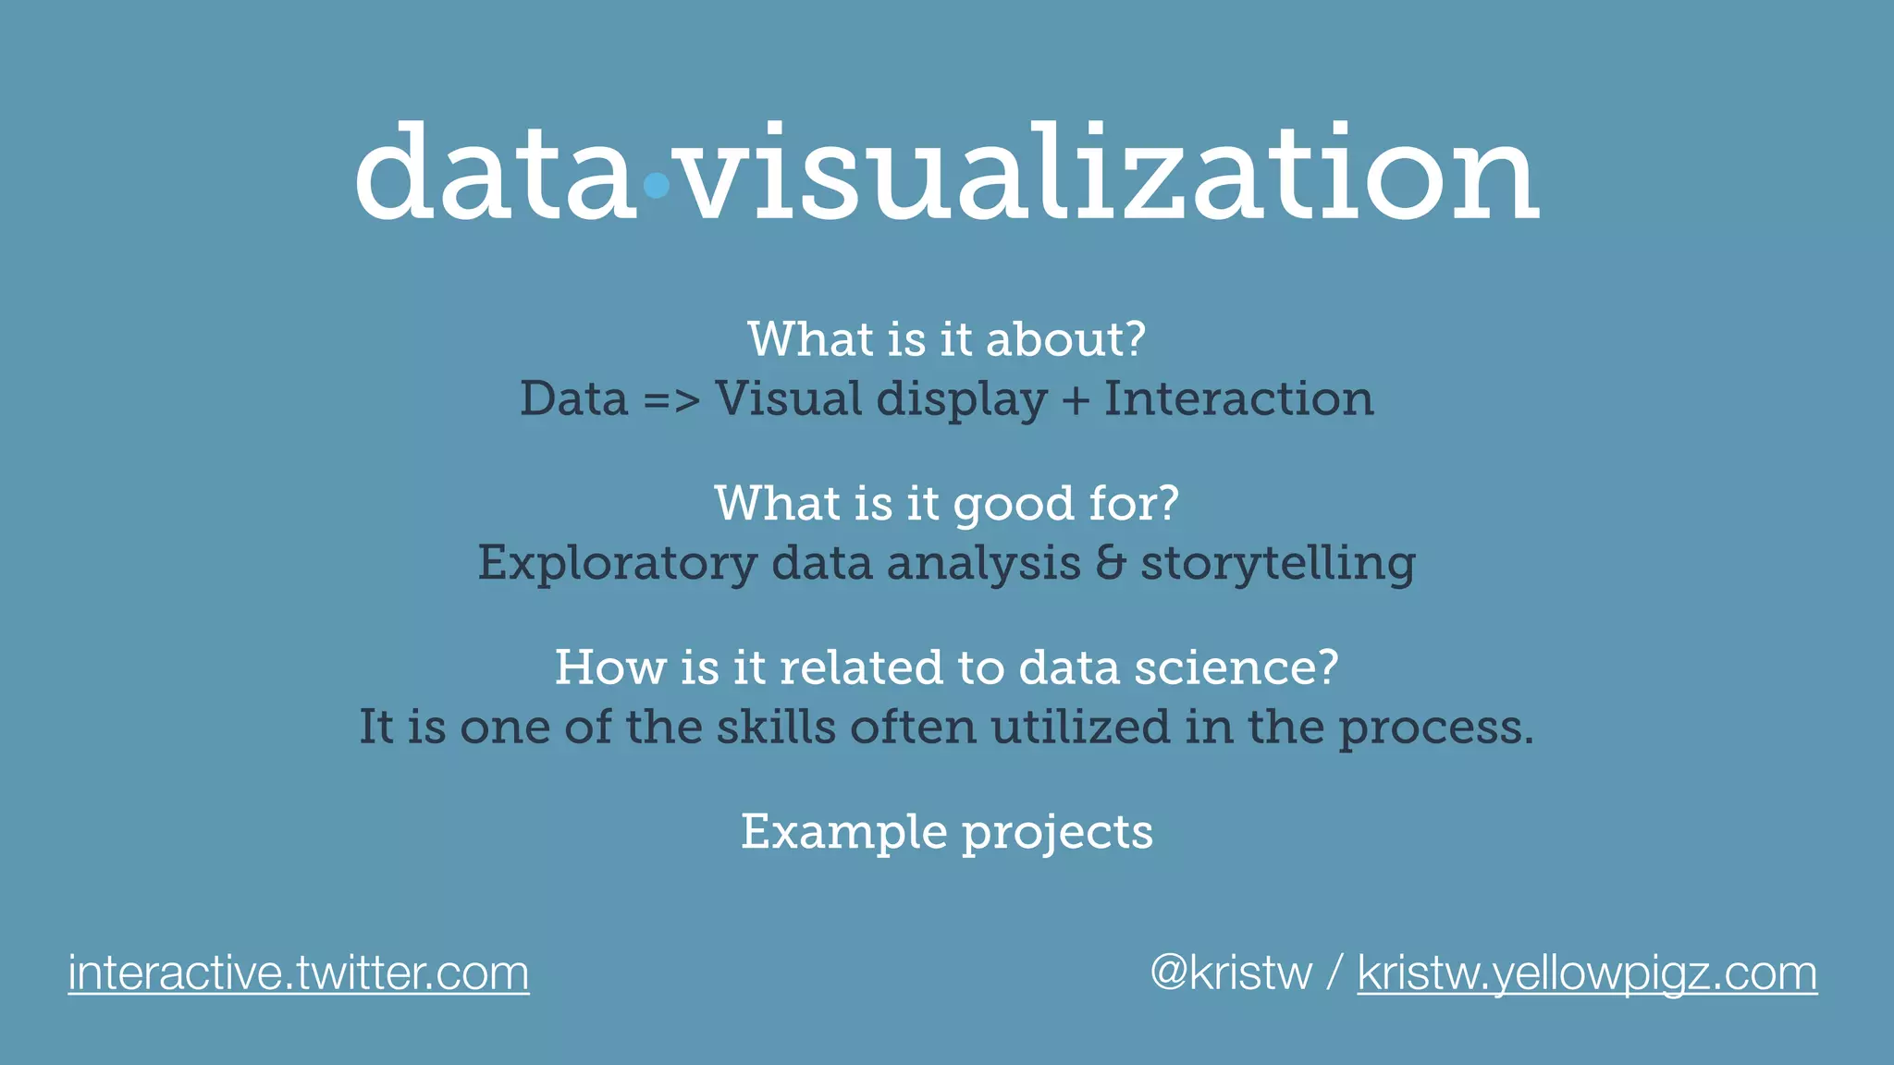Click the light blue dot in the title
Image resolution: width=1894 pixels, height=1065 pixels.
(656, 186)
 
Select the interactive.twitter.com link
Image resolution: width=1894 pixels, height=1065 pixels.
(299, 973)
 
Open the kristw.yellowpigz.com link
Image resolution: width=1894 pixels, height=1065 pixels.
(1587, 973)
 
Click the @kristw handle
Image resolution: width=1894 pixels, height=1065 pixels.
(1231, 973)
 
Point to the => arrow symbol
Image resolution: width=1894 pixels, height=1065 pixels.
(671, 401)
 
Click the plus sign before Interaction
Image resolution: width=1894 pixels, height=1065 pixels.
(1075, 400)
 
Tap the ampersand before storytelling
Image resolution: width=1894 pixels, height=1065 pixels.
(1110, 563)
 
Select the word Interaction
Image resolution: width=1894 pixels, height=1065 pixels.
(1239, 399)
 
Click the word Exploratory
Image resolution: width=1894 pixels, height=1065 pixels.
(617, 564)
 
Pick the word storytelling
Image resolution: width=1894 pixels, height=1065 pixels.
(1278, 564)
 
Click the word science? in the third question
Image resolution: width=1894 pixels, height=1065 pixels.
(1236, 667)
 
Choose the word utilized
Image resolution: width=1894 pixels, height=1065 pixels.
(1080, 727)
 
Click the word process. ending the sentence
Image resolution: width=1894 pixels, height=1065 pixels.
(1436, 728)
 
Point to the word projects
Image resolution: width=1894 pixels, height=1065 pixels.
(1058, 833)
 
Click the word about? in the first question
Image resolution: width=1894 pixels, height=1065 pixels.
(1065, 339)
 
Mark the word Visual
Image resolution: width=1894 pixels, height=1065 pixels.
(789, 399)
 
